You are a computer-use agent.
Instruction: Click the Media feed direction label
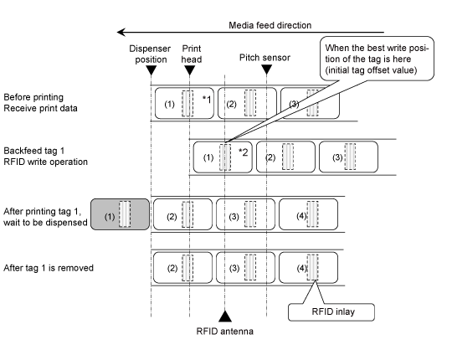270,25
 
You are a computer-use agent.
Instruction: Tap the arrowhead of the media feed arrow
121,32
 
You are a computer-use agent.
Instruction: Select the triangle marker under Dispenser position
151,70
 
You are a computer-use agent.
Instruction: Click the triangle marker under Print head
189,70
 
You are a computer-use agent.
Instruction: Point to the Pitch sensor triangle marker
267,69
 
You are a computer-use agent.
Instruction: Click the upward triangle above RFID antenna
225,316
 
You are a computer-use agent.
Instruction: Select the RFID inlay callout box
331,312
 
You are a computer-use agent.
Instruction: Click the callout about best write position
377,59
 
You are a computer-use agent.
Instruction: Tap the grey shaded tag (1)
121,214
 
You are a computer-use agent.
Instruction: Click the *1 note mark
207,100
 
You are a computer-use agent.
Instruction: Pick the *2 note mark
244,152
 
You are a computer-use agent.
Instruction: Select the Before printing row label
40,103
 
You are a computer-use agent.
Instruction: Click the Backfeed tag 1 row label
45,157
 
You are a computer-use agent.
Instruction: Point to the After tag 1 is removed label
49,268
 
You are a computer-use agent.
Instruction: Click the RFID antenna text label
225,332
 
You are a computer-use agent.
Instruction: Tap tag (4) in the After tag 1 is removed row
308,268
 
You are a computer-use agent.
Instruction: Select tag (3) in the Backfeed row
348,157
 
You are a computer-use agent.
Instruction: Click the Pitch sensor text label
265,58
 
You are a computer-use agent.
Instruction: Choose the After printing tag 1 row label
45,217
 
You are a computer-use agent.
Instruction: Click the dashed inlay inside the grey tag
125,214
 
